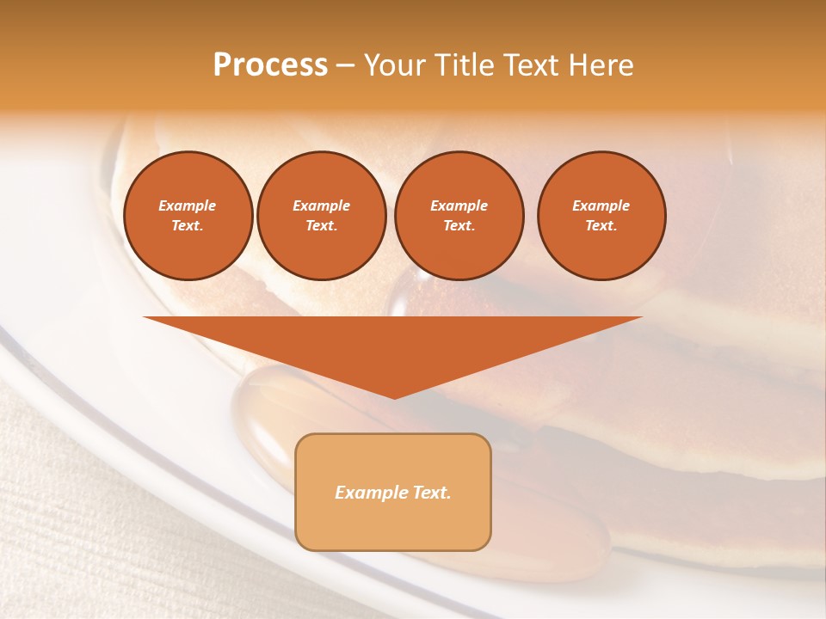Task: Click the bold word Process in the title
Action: pyautogui.click(x=270, y=65)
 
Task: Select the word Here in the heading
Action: pyautogui.click(x=601, y=65)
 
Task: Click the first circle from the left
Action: pyautogui.click(x=188, y=216)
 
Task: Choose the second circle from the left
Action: pyautogui.click(x=321, y=216)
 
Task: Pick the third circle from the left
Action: pyautogui.click(x=459, y=216)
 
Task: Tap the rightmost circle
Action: pyautogui.click(x=601, y=216)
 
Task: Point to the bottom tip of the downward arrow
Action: pyautogui.click(x=393, y=396)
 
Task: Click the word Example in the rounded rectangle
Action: pyautogui.click(x=372, y=493)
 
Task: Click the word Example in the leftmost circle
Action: pyautogui.click(x=188, y=205)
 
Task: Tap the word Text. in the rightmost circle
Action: pyautogui.click(x=601, y=226)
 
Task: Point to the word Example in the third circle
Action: pyautogui.click(x=459, y=205)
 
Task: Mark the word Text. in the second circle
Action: pyautogui.click(x=321, y=226)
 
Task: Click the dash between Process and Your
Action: pyautogui.click(x=345, y=65)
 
